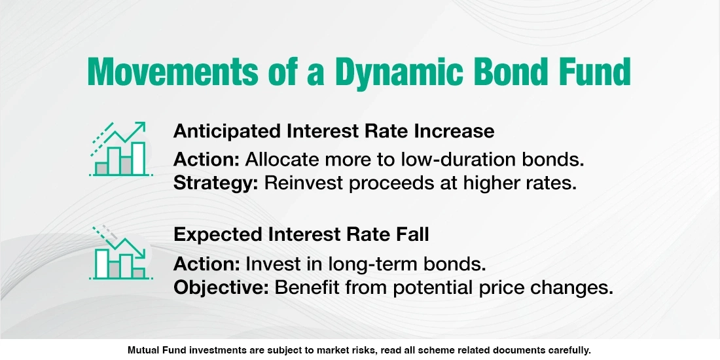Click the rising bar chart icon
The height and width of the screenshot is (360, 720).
(120, 150)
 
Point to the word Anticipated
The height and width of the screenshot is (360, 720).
(226, 131)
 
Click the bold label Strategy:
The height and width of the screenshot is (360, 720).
(216, 183)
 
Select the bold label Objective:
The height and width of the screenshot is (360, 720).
(221, 288)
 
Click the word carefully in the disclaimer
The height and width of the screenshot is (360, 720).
(568, 350)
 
